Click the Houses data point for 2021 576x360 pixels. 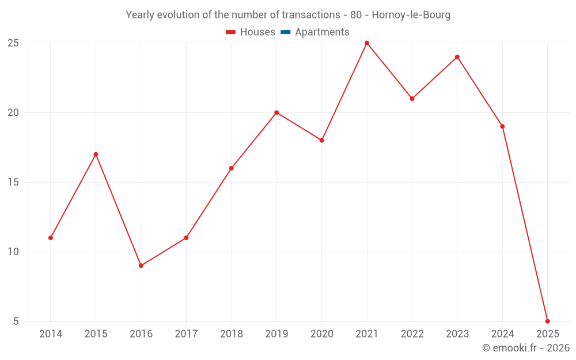(x=367, y=43)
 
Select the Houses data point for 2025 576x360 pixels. (x=547, y=321)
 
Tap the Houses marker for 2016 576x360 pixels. (x=141, y=266)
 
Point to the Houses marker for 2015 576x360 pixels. (x=96, y=154)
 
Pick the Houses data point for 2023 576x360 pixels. (x=457, y=57)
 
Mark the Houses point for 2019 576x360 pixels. (x=276, y=112)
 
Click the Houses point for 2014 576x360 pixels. (x=51, y=238)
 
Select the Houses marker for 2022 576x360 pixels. (x=412, y=98)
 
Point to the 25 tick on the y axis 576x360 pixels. (x=13, y=43)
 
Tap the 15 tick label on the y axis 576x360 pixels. (x=13, y=182)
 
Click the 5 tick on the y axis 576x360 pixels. (x=16, y=321)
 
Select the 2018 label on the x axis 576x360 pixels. (x=231, y=334)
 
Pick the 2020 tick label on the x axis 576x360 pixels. (x=321, y=334)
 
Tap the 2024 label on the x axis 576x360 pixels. (x=502, y=334)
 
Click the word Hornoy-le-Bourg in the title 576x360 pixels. (x=411, y=15)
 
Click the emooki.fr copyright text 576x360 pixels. (x=526, y=348)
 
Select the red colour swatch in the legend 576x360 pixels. (x=231, y=32)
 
